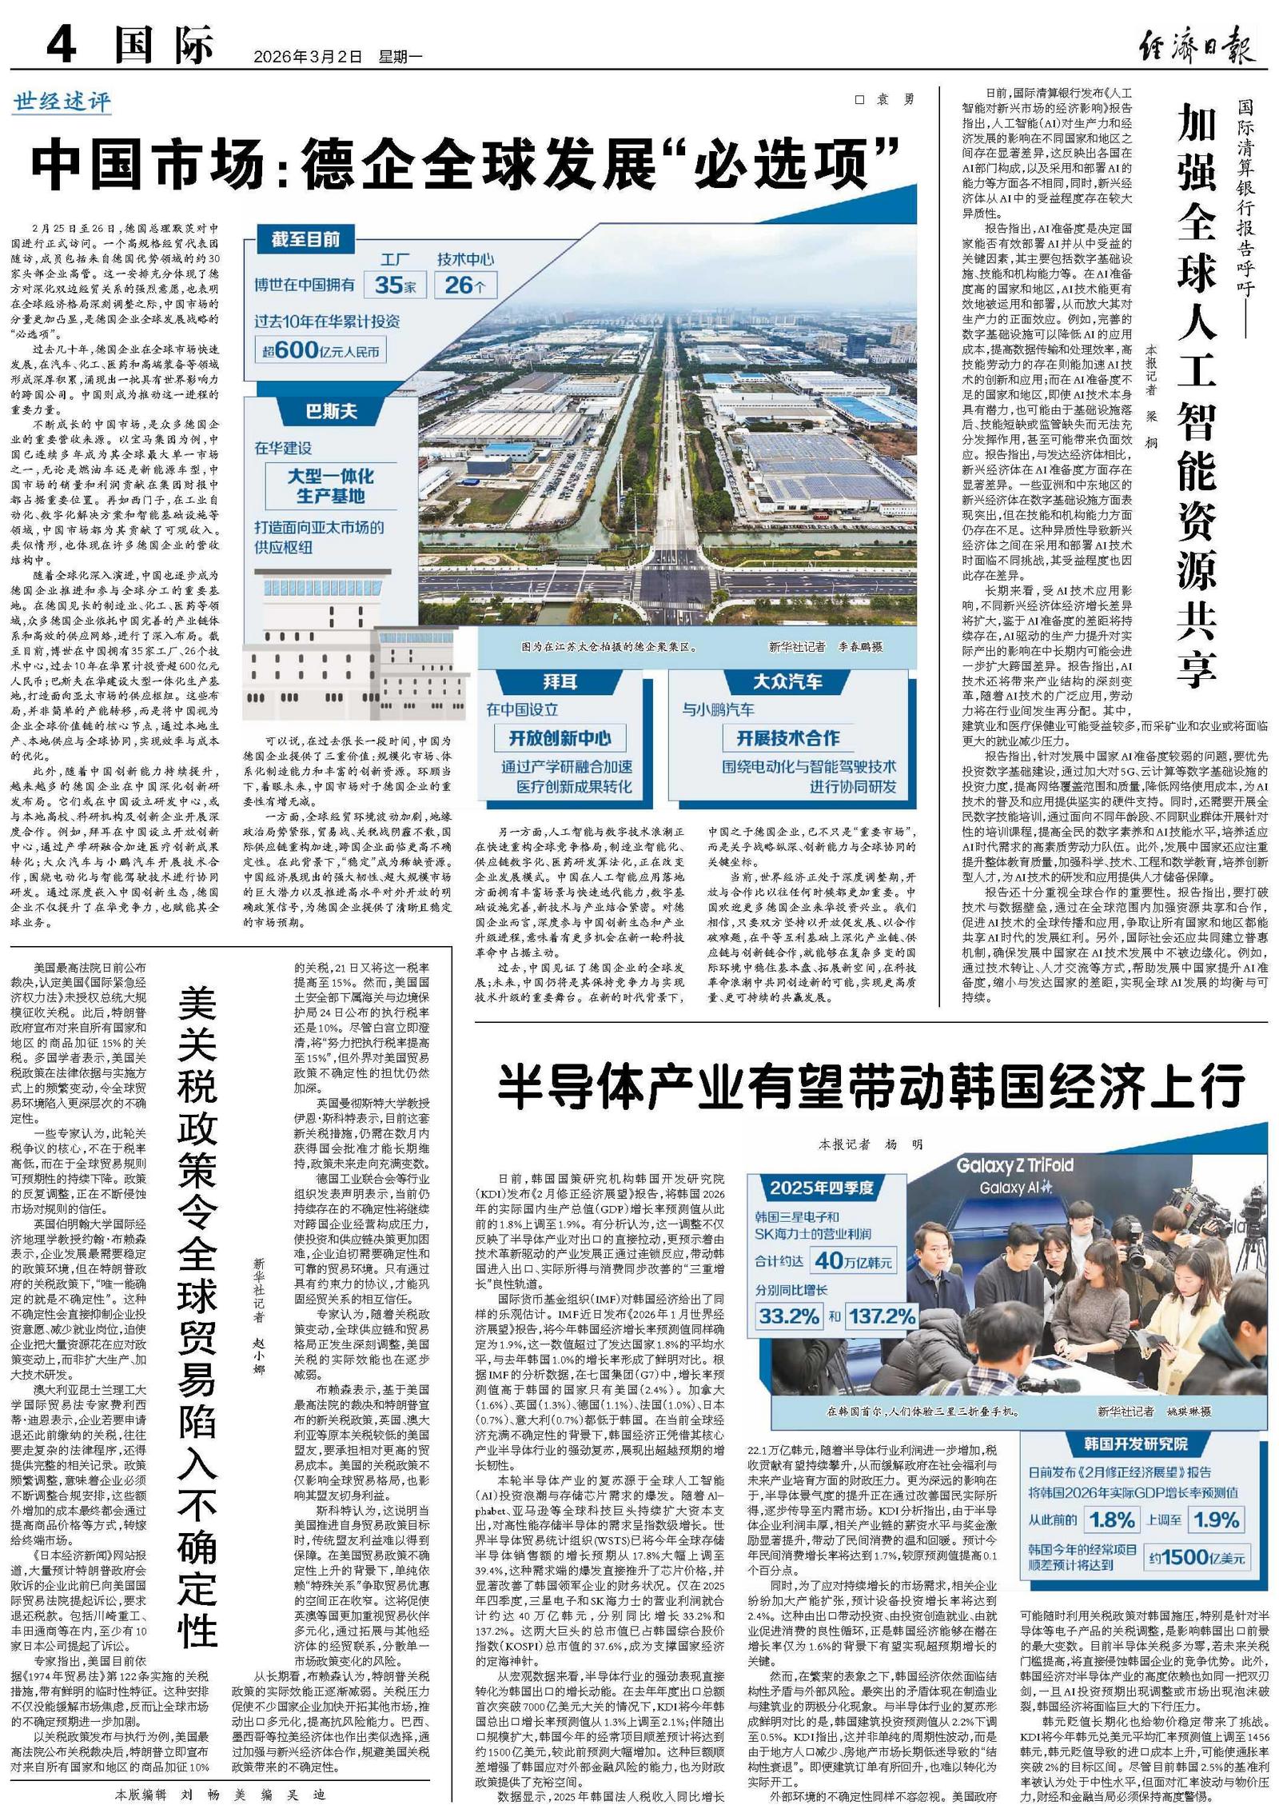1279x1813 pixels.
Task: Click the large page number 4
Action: click(x=62, y=44)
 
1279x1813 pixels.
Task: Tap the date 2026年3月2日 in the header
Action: click(x=308, y=57)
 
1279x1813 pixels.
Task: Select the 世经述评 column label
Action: click(x=62, y=102)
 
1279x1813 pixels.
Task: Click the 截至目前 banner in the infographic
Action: click(x=305, y=240)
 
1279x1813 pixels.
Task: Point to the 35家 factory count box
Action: click(x=395, y=285)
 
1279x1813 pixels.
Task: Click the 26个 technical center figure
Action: click(x=465, y=285)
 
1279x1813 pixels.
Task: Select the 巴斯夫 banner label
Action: click(x=331, y=413)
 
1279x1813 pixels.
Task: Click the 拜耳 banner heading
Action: click(x=560, y=681)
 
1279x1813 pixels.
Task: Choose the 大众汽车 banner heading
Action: click(x=787, y=681)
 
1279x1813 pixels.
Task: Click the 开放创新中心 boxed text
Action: click(x=560, y=737)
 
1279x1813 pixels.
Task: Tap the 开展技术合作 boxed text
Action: click(x=787, y=737)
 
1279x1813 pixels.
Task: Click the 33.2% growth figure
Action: click(x=790, y=1316)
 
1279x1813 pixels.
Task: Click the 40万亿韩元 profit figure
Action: click(x=853, y=1261)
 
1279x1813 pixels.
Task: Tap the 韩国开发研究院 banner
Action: click(x=1136, y=1444)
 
